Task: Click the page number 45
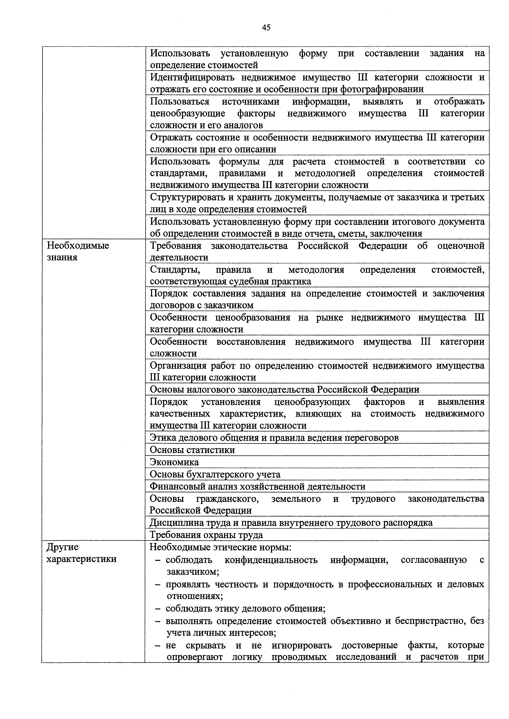point(266,28)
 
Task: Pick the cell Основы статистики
point(192,450)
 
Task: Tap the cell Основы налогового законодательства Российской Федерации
point(284,389)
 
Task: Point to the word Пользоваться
point(179,101)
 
